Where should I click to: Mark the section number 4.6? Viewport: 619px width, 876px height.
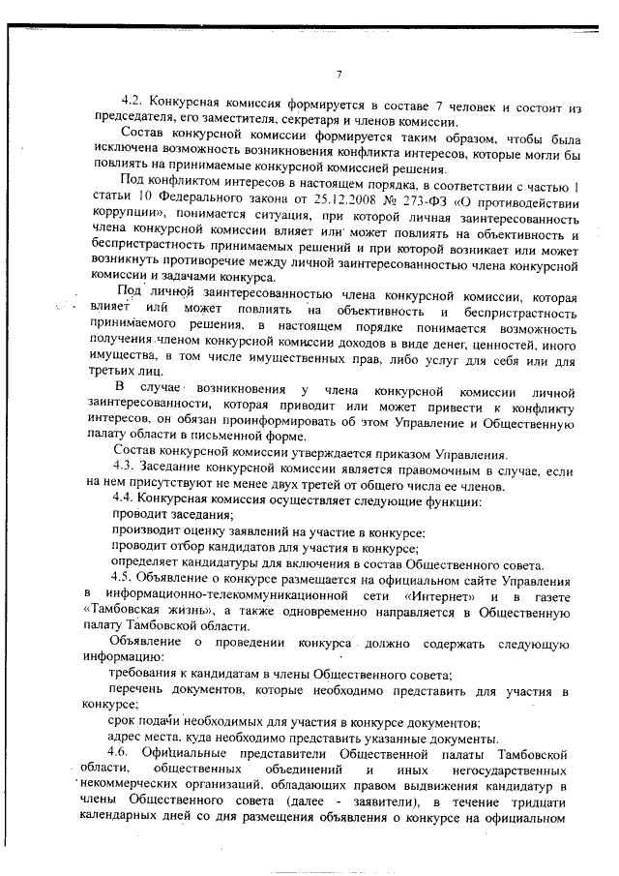pos(124,753)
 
